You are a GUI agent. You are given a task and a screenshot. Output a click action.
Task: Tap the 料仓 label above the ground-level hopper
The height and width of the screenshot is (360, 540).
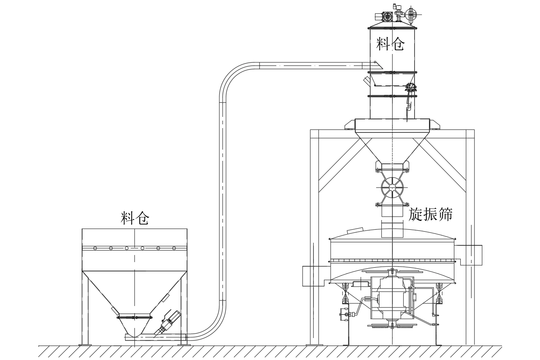135,219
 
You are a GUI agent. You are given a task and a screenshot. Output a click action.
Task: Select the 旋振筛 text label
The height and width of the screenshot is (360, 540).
431,214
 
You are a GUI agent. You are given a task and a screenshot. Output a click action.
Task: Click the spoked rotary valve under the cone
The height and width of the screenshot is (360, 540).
392,186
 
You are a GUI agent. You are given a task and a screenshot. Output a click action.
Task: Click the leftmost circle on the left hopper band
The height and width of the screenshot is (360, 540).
95,248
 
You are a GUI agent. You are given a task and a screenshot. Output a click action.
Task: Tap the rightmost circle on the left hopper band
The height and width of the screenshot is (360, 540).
174,248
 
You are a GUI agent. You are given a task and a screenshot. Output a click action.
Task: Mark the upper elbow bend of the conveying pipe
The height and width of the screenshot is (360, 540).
235,76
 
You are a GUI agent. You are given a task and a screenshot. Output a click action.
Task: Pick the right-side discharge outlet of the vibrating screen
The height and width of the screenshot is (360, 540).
471,255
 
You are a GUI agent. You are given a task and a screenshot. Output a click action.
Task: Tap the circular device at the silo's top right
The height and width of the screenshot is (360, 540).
411,15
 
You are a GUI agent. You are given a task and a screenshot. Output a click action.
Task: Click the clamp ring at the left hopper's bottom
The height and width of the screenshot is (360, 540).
135,317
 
